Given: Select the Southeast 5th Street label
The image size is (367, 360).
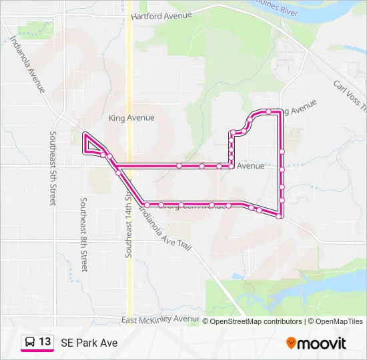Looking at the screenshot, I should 52,167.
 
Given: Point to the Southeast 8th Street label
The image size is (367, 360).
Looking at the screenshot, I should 83,234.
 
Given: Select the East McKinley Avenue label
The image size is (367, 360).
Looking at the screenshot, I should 160,320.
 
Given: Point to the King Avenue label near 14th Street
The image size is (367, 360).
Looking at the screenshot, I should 131,118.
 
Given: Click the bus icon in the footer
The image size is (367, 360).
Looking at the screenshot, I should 30,342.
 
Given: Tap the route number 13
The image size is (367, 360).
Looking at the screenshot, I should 45,342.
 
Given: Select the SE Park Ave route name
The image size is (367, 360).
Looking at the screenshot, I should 89,343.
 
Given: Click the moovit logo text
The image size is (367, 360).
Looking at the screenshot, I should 322,343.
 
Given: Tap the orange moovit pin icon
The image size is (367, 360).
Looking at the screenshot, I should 291,343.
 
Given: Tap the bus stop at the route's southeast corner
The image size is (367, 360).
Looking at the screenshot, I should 279,215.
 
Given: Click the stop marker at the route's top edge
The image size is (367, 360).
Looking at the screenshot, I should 268,111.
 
